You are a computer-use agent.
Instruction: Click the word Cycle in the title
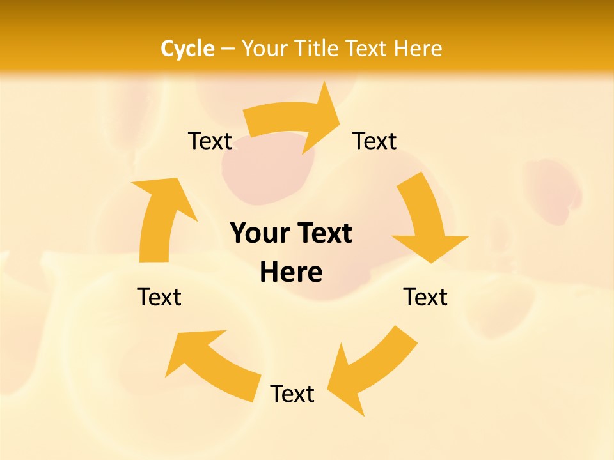click(187, 49)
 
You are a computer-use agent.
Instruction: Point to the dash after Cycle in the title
click(227, 49)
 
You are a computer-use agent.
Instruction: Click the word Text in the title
click(368, 49)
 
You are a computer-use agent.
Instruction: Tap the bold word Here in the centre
click(291, 272)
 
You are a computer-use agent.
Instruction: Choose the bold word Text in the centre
click(324, 233)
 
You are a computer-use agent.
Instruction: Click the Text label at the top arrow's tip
click(374, 141)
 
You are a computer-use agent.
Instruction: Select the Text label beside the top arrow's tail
click(210, 141)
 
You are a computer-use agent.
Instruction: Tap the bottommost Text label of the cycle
click(292, 394)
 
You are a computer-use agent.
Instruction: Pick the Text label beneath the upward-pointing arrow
click(159, 297)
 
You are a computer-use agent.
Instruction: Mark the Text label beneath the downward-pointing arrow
click(425, 297)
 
